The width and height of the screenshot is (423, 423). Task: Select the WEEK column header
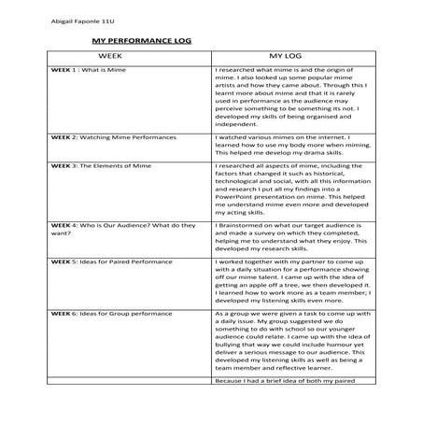(123, 57)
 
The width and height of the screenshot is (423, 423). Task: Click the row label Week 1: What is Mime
(87, 70)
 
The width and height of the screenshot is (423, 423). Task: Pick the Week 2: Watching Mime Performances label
(112, 136)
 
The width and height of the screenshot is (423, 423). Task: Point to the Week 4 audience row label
(123, 229)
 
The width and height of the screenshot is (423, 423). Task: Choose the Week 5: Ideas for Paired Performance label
(111, 263)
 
